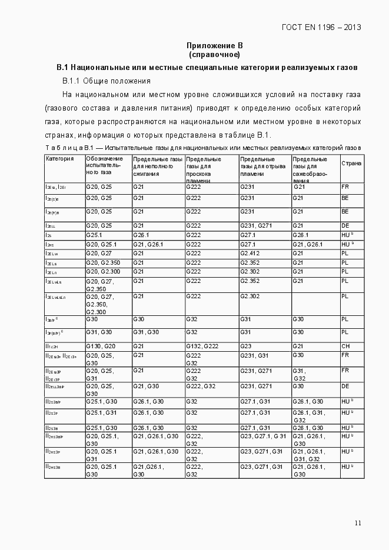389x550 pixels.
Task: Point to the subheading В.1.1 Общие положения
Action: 107,81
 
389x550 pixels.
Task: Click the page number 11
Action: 358,523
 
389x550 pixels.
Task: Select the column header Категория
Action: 59,159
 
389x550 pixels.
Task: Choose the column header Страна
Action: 351,163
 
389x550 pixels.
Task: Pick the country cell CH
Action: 345,346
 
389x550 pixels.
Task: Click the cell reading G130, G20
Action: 101,346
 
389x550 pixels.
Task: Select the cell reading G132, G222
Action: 202,346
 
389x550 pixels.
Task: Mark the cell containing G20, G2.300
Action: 102,272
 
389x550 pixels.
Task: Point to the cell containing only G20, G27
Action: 99,253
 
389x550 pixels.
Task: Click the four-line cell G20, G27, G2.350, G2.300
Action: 100,304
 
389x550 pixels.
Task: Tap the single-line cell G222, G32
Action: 202,386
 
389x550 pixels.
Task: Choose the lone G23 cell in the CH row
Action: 246,346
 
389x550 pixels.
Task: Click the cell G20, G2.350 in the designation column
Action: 102,262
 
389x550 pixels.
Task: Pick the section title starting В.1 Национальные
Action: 207,68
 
